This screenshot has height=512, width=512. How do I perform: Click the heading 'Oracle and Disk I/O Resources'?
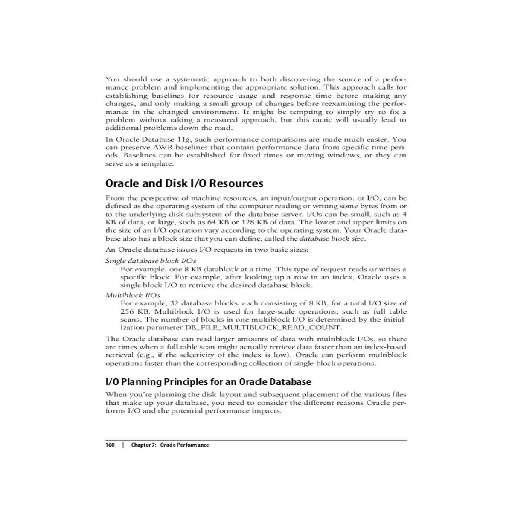point(184,183)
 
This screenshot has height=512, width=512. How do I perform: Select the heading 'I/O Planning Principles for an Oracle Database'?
point(208,381)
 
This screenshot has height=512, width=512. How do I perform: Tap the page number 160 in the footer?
point(110,445)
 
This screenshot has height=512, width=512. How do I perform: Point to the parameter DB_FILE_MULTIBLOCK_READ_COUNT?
point(263,328)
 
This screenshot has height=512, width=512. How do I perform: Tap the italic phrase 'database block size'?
point(332,239)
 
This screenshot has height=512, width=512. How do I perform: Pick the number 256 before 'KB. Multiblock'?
point(127,311)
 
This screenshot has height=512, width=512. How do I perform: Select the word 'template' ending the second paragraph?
point(160,163)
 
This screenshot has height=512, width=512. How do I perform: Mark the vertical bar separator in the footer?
point(123,445)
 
